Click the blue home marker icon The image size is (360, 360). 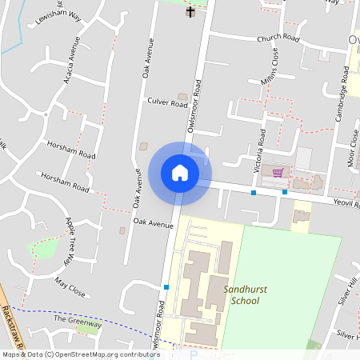tap(180, 172)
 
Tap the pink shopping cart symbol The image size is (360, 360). tap(278, 172)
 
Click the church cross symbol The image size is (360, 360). tap(190, 11)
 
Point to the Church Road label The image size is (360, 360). tap(278, 38)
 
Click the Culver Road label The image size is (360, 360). tap(167, 102)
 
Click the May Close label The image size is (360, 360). tap(70, 286)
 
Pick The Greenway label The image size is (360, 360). tap(78, 321)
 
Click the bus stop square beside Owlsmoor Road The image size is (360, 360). tap(166, 287)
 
